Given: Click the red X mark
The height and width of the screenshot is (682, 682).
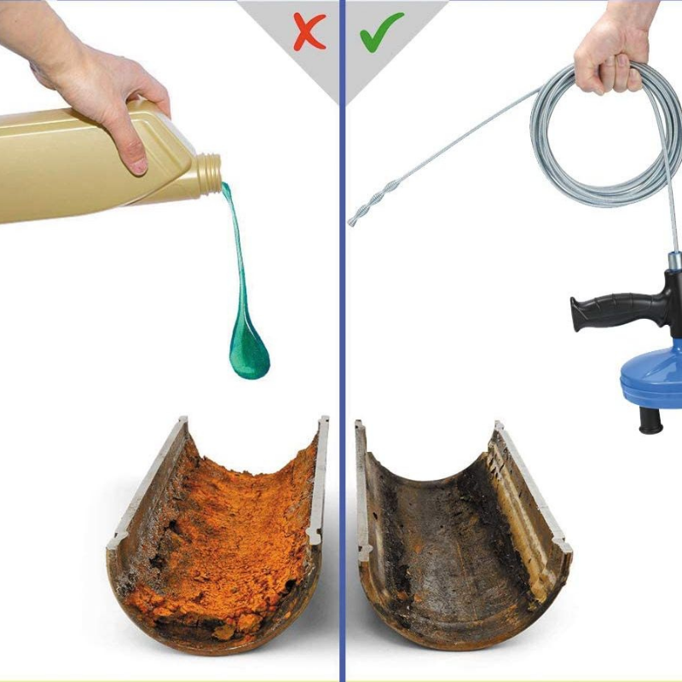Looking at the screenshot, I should [x=309, y=31].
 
